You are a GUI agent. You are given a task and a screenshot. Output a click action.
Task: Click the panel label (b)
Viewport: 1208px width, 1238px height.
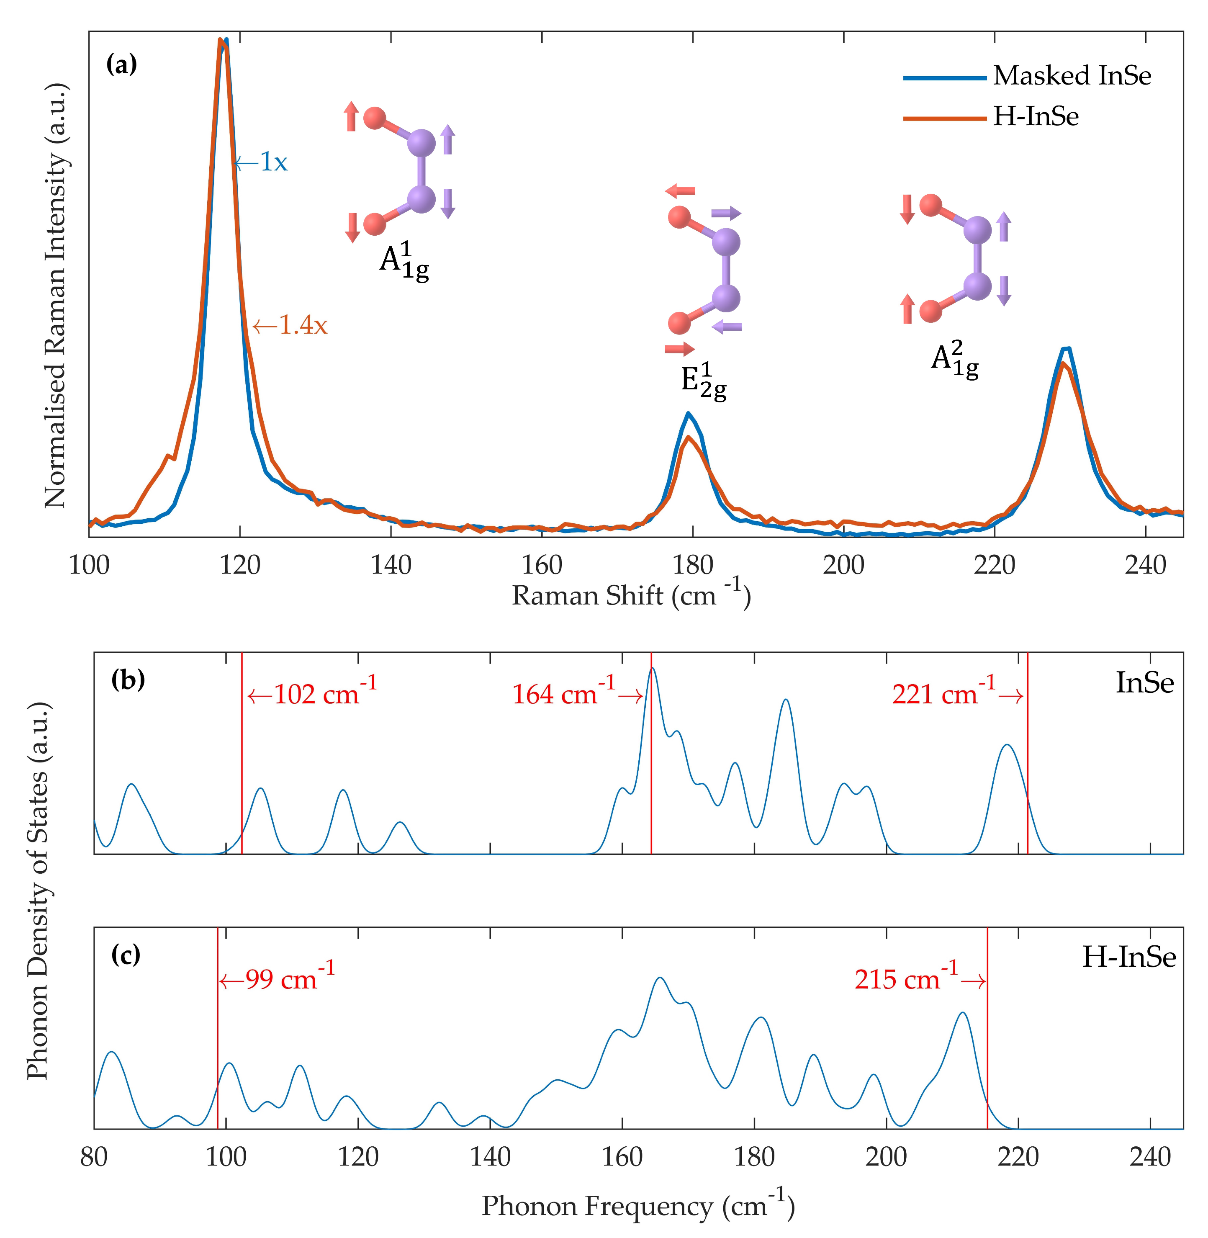(128, 680)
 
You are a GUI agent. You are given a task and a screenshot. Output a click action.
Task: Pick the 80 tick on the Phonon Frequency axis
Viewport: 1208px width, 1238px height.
(94, 1157)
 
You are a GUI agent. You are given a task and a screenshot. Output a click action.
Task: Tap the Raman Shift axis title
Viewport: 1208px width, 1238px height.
(631, 596)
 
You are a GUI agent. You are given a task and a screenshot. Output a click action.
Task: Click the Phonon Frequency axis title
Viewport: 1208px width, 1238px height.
(637, 1206)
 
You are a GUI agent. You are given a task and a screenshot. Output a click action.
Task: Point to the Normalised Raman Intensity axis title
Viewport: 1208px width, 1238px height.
(56, 295)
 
